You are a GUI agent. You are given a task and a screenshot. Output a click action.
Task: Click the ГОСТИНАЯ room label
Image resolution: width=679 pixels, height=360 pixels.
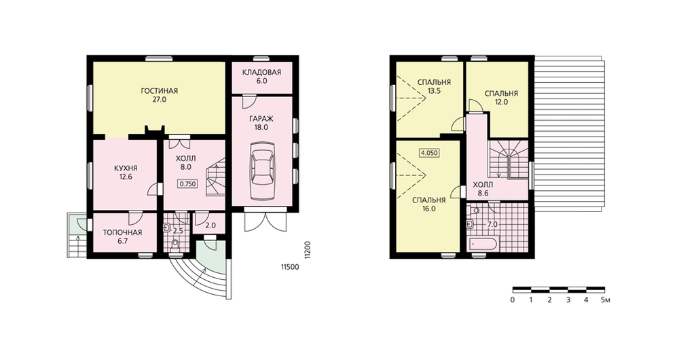pos(160,91)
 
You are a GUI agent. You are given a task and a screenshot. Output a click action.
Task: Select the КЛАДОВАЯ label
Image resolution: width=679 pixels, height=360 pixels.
pos(261,73)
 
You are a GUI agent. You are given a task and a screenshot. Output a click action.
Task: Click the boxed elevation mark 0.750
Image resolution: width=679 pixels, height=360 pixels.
pos(187,183)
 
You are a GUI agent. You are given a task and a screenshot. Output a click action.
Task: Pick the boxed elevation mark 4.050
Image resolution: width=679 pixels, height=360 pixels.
pos(429,153)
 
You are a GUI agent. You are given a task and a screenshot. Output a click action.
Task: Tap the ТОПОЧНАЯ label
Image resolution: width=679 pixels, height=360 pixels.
pos(122,232)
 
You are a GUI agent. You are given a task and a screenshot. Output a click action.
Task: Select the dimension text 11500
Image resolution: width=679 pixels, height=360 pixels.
pos(290,268)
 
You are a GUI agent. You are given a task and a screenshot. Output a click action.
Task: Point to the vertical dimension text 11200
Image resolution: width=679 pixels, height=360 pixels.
pos(307,249)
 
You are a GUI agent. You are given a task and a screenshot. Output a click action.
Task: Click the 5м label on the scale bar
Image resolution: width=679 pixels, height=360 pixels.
pos(605,300)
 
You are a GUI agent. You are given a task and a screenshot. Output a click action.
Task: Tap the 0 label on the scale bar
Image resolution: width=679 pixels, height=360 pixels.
pos(513,300)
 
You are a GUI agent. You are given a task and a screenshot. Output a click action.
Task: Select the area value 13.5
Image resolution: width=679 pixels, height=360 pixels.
pos(434,91)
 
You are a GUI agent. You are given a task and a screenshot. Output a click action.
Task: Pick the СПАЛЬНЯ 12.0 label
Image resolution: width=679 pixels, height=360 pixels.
pos(502,98)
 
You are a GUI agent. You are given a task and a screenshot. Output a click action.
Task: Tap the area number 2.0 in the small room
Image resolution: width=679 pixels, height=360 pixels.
pos(210,226)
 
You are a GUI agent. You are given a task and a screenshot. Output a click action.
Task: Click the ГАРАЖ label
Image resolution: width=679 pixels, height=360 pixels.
pos(261,119)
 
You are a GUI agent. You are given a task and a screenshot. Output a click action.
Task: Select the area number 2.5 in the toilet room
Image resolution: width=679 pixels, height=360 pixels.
pos(178,231)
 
